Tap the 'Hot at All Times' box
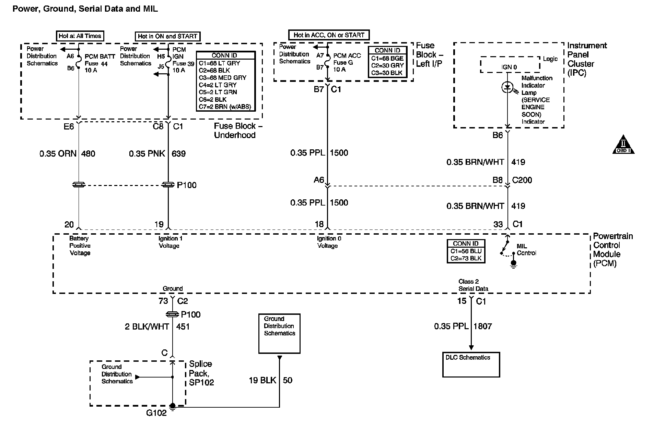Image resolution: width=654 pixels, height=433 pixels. [x=80, y=36]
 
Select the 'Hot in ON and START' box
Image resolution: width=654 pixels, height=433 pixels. [x=167, y=36]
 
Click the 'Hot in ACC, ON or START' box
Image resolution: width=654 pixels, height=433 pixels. [x=329, y=35]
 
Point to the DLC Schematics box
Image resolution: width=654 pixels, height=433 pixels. [x=471, y=364]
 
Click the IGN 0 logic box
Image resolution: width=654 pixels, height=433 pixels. [x=510, y=65]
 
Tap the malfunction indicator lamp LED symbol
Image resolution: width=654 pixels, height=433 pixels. [x=507, y=87]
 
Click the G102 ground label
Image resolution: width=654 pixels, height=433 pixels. [x=156, y=413]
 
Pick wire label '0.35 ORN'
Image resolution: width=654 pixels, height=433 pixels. [x=58, y=153]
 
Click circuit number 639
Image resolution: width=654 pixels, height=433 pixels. [x=179, y=153]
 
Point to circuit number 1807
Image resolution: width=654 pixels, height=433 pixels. [x=483, y=326]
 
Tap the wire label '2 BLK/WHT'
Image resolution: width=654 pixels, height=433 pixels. [x=147, y=326]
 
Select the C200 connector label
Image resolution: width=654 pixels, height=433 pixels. [x=522, y=180]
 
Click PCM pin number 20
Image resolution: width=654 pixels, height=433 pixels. [x=69, y=225]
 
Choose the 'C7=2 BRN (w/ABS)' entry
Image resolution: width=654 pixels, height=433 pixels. [x=225, y=107]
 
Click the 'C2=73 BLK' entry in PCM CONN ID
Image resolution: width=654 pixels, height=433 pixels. [x=466, y=258]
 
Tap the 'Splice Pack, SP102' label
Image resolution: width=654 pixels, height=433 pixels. [x=201, y=373]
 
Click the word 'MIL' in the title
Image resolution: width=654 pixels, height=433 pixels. [x=150, y=9]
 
